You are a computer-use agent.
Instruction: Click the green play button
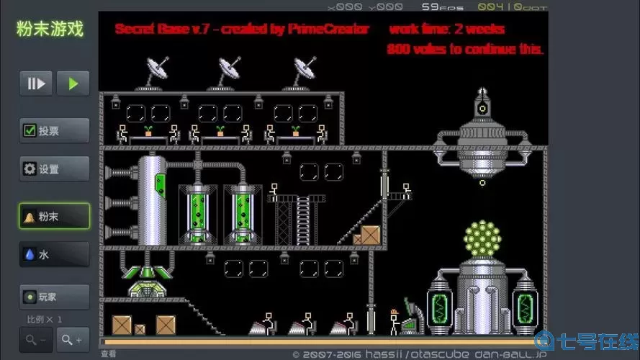(73, 84)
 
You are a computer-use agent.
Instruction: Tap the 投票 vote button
(55, 131)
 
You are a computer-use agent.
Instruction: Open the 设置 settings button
(55, 169)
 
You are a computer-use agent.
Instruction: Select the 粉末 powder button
(55, 216)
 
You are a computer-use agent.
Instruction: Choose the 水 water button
(55, 255)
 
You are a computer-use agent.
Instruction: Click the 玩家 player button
(55, 296)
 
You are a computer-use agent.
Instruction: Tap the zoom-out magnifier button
(36, 339)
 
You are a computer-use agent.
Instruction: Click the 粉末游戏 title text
(50, 30)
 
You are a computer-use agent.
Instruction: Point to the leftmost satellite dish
(156, 71)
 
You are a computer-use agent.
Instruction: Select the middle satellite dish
(231, 71)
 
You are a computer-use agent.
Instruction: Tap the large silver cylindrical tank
(152, 199)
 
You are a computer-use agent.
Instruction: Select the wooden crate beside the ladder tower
(370, 235)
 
